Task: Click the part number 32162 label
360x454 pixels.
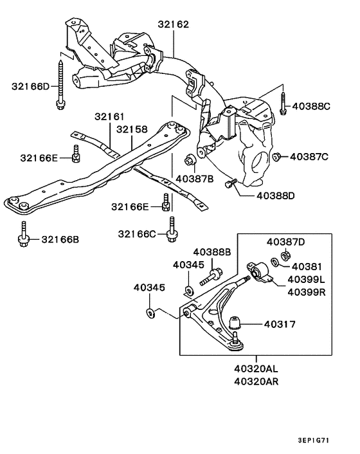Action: [x=173, y=25]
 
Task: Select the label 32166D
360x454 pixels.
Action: [x=30, y=85]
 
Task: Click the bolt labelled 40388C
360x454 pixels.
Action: [x=283, y=105]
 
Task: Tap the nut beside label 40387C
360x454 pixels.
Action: [x=276, y=156]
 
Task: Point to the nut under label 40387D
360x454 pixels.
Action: [x=274, y=262]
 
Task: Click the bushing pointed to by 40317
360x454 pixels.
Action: [x=236, y=323]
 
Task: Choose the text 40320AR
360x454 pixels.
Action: [x=256, y=381]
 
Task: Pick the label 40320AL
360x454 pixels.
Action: [x=256, y=369]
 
